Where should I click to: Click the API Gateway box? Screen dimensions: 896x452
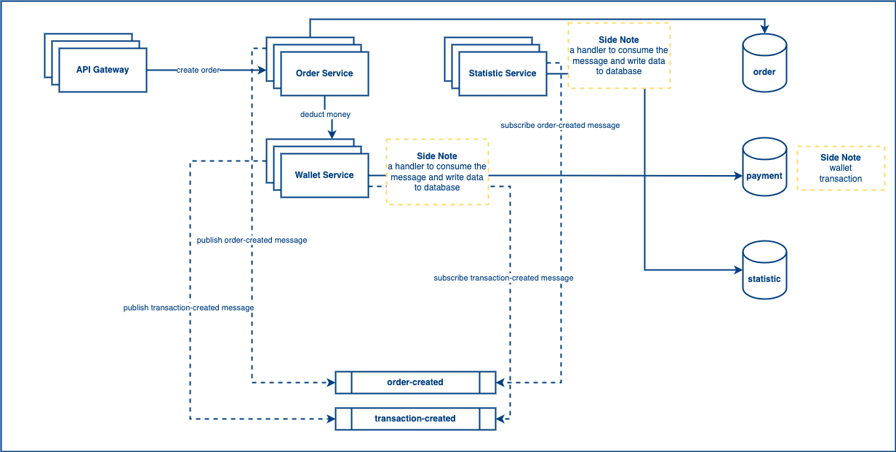(x=103, y=70)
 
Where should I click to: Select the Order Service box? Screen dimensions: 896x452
(x=324, y=73)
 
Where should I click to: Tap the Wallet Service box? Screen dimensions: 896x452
(x=324, y=175)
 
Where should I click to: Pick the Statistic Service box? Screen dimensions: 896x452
(x=503, y=73)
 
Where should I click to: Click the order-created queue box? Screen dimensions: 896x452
(x=415, y=382)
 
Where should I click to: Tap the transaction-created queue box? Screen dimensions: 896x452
(x=415, y=419)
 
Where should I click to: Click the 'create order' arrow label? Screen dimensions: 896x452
(x=198, y=70)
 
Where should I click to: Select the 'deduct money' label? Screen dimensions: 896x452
(x=325, y=115)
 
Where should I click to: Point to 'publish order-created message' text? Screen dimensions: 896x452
(x=252, y=240)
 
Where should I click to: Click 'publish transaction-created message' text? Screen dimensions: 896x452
(x=188, y=308)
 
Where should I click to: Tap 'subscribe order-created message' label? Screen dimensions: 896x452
(x=560, y=125)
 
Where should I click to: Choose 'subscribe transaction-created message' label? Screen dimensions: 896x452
(x=503, y=278)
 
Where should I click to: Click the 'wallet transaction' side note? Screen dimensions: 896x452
(x=841, y=168)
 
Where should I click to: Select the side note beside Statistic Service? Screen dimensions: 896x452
(x=619, y=56)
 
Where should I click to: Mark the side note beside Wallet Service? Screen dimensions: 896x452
(x=437, y=171)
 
